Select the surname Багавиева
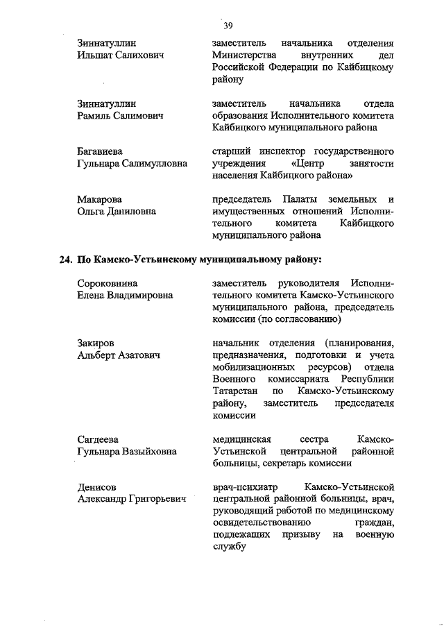tap(103, 151)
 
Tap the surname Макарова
tap(100, 200)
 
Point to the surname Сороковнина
tap(107, 283)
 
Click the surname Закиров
tap(96, 343)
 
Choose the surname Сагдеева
tap(98, 439)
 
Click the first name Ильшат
tap(95, 55)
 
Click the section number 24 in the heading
tap(65, 261)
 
